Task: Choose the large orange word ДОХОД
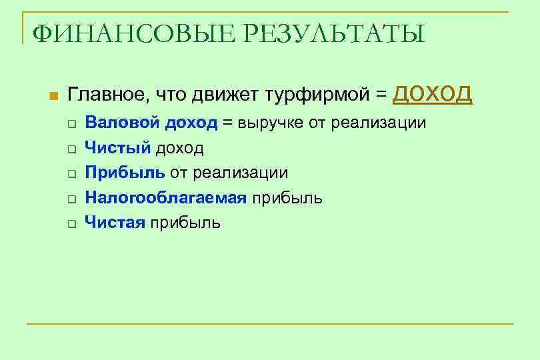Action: (433, 94)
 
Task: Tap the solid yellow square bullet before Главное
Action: (53, 97)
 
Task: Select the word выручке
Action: (269, 123)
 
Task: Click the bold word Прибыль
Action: (125, 173)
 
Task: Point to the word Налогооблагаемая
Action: (165, 198)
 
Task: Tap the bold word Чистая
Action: (115, 223)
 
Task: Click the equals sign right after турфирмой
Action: (380, 96)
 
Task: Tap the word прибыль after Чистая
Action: (185, 223)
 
